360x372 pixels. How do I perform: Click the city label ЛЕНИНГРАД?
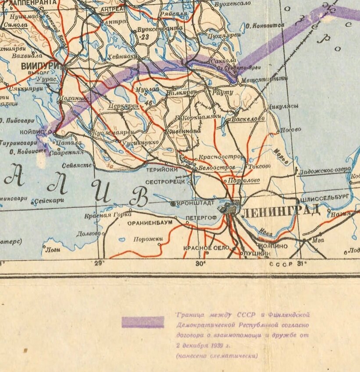[281, 212]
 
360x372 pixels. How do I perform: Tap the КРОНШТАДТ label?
[196, 203]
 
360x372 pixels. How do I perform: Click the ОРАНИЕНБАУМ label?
[150, 223]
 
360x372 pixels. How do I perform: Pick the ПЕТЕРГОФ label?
[201, 217]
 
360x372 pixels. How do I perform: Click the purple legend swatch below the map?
[143, 322]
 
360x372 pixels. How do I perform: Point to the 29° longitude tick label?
[100, 263]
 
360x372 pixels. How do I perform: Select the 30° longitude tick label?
[200, 263]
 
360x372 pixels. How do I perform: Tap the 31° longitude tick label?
[302, 263]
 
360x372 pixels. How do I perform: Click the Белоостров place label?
[214, 167]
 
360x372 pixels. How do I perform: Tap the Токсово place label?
[259, 166]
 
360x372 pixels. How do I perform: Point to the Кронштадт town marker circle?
[173, 204]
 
